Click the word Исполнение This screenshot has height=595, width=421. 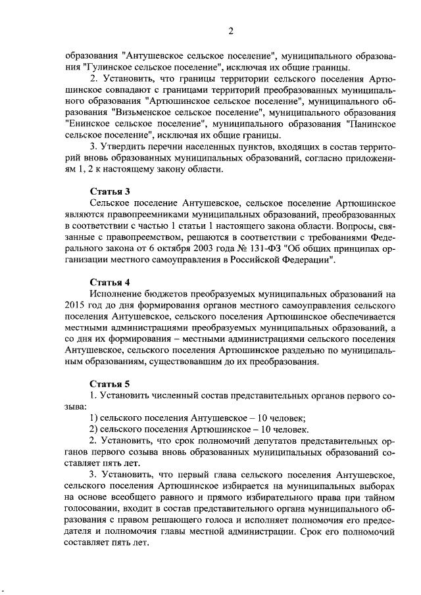coord(114,295)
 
